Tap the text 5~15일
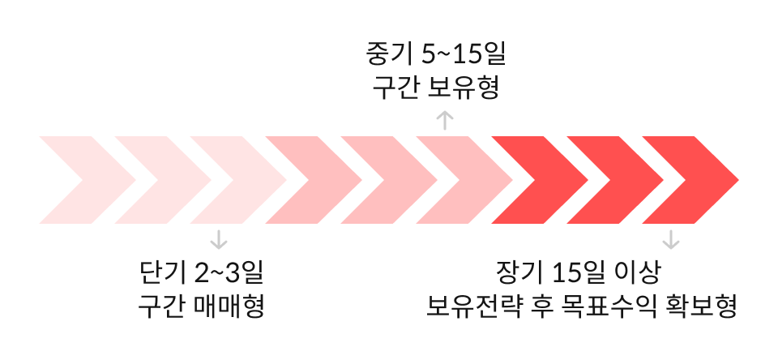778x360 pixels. [x=464, y=55]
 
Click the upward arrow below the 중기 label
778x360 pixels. [x=445, y=121]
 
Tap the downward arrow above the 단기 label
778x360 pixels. [x=218, y=239]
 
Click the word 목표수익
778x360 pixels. [x=607, y=306]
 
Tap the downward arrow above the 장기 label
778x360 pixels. [x=670, y=239]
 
